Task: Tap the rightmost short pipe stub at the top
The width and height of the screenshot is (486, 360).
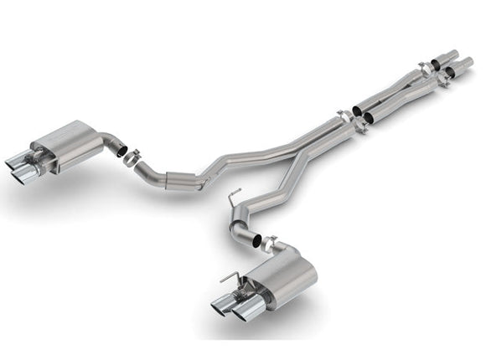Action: [463, 63]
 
